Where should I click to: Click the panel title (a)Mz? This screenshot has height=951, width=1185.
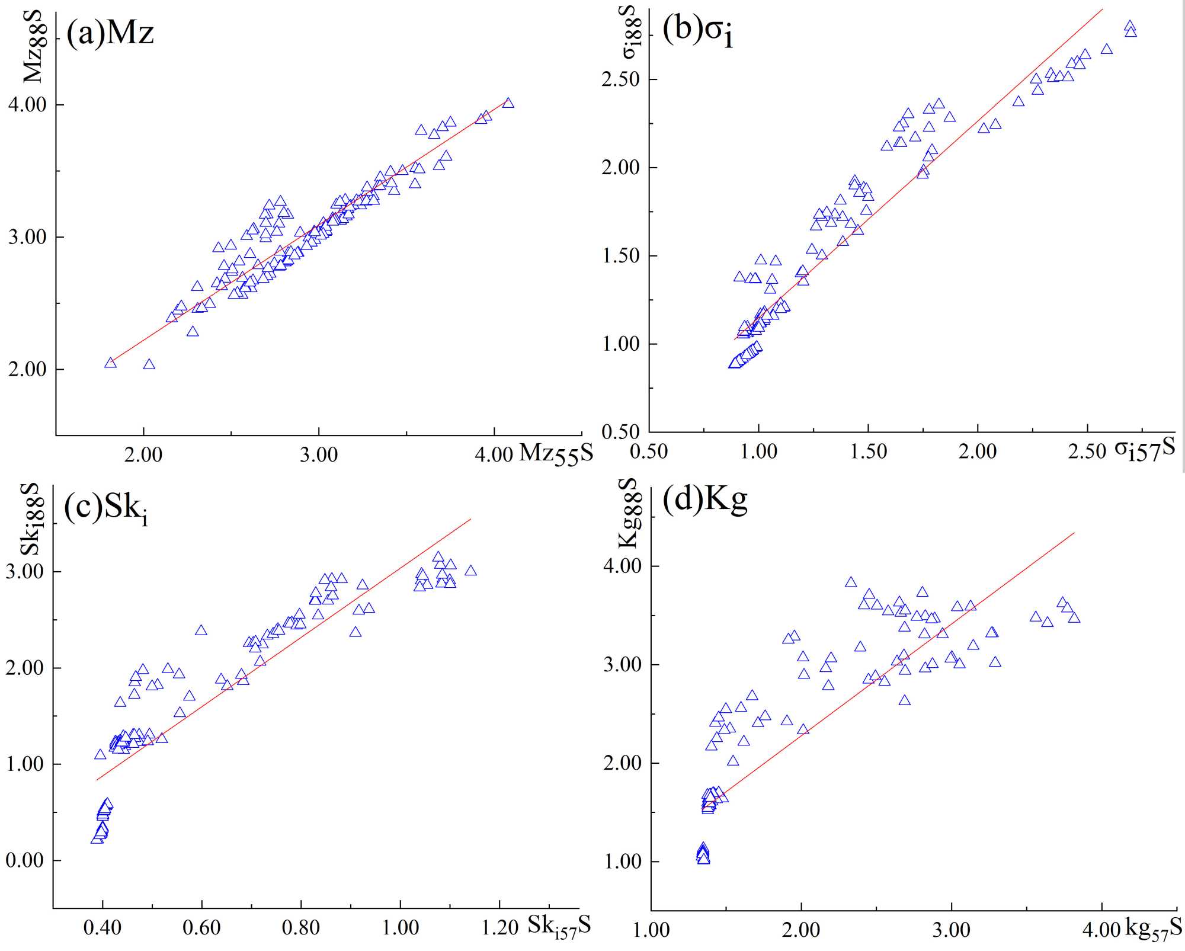[x=110, y=33]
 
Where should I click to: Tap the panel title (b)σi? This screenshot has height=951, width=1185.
[x=697, y=30]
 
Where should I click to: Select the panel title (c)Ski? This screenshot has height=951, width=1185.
[x=105, y=508]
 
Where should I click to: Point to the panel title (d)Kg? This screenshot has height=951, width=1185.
[x=704, y=499]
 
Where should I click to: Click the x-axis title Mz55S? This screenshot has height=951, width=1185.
[x=556, y=454]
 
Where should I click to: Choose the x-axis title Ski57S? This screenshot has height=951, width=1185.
[x=559, y=926]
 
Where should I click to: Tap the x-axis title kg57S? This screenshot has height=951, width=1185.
[x=1153, y=928]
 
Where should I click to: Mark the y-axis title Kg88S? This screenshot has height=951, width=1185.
[x=629, y=513]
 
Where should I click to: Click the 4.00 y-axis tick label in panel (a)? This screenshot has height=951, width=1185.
[x=27, y=105]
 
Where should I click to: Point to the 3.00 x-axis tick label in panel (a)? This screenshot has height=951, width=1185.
[x=319, y=455]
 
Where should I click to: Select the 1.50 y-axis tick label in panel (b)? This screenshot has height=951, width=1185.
[x=621, y=256]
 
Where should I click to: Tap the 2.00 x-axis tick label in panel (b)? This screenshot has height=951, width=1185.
[x=978, y=452]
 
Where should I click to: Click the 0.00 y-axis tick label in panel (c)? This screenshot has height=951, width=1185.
[x=25, y=860]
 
